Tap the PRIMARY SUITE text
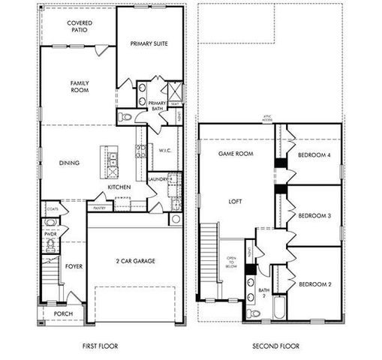149,43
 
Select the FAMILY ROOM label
80,86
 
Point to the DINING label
69,162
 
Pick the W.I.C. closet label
167,150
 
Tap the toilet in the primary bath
127,117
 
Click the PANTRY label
99,208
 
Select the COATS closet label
52,209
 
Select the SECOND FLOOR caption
275,346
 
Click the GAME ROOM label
233,153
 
